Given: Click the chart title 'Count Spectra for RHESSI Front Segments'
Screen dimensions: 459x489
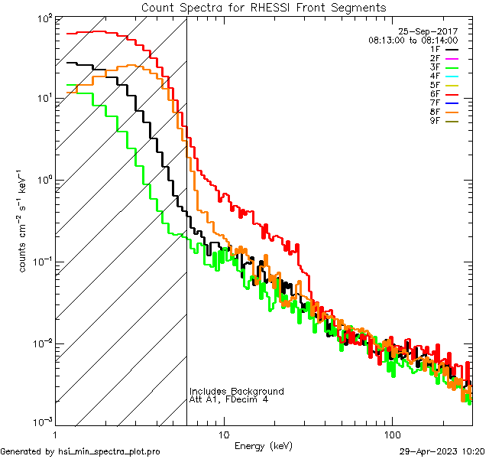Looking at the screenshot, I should click(264, 8).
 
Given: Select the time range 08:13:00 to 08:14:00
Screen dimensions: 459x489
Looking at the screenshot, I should click(413, 40).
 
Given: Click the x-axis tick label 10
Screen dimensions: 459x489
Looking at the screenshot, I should click(223, 434).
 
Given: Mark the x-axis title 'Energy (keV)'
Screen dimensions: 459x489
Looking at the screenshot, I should click(263, 445).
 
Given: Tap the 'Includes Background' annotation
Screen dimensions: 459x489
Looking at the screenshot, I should click(237, 391).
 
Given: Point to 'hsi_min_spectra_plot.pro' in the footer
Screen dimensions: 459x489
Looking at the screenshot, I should click(109, 451).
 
